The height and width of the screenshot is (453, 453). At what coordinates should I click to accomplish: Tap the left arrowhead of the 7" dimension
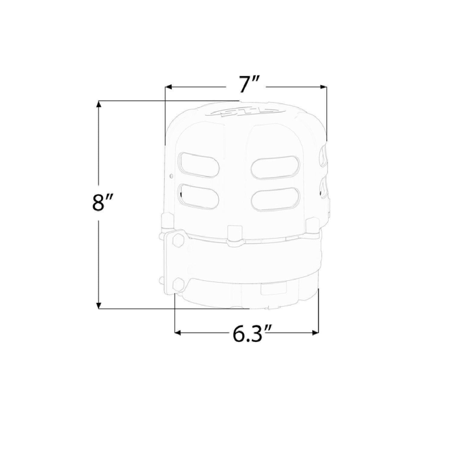point(168,87)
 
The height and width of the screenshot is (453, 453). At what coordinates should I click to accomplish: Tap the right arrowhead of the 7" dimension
point(323,87)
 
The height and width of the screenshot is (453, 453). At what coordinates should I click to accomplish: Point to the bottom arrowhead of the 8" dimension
point(98,305)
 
